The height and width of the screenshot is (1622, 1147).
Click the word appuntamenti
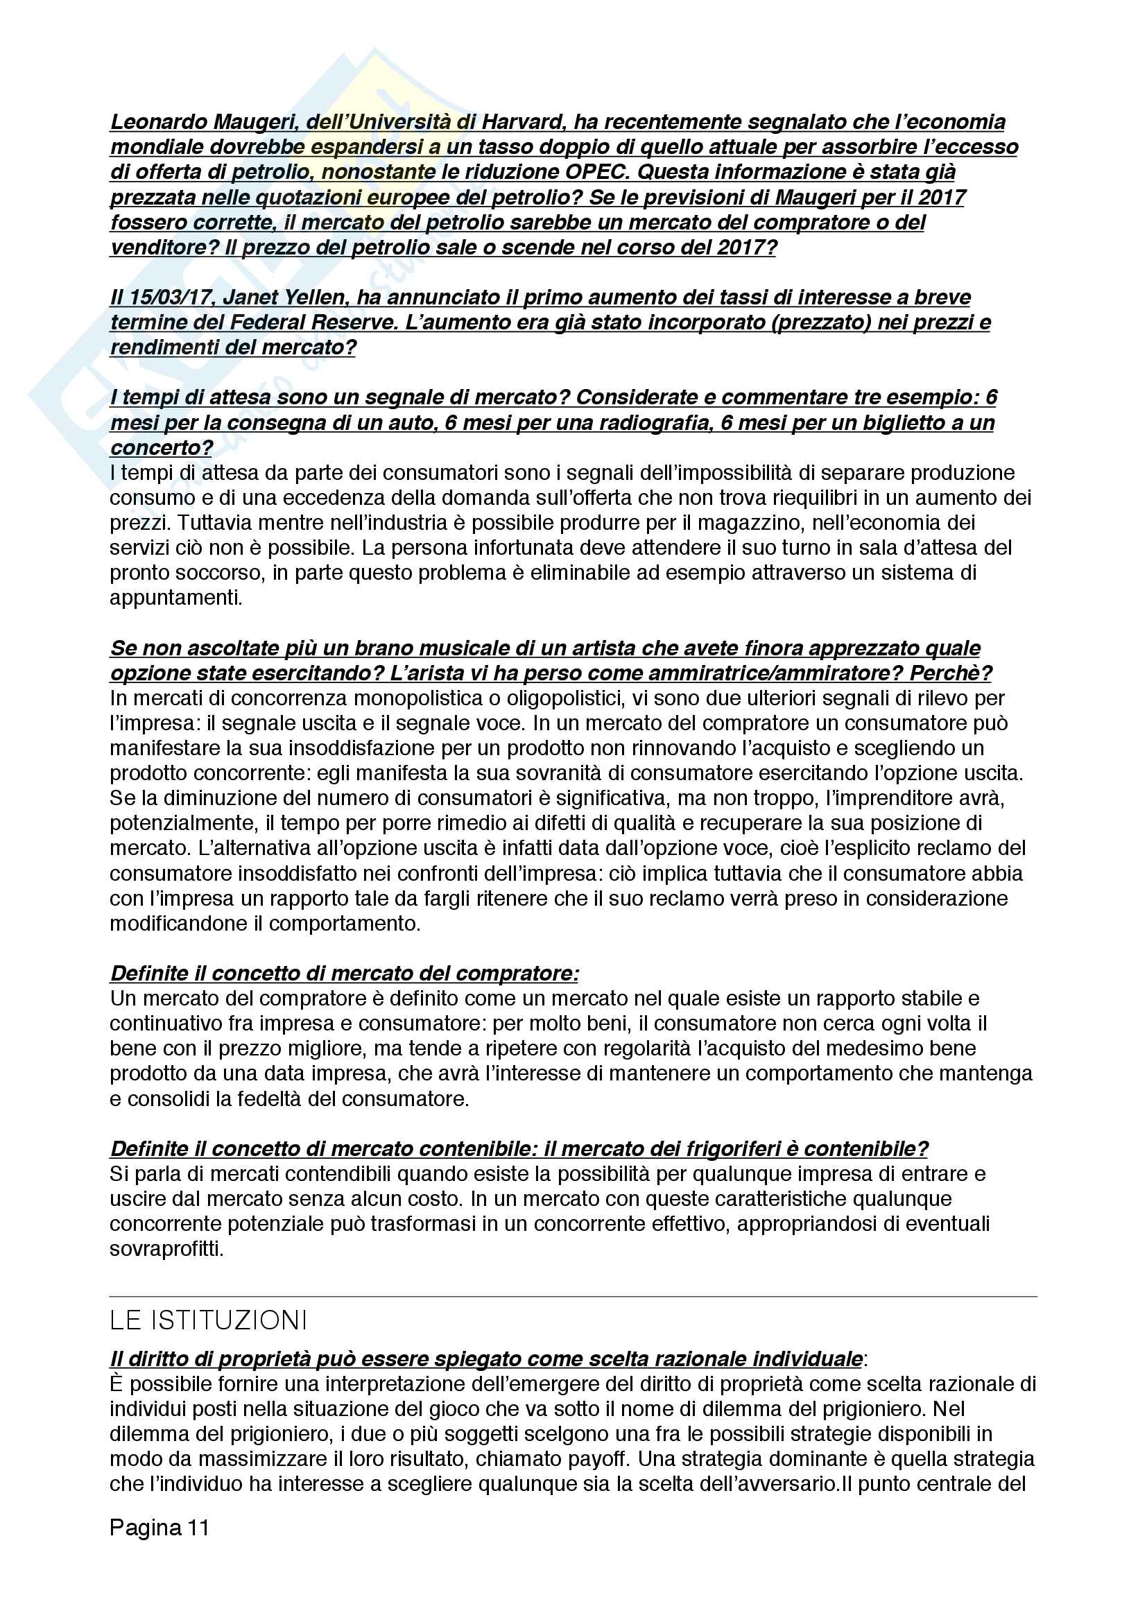[176, 598]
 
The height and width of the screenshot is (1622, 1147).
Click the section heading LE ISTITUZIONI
[208, 1320]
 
